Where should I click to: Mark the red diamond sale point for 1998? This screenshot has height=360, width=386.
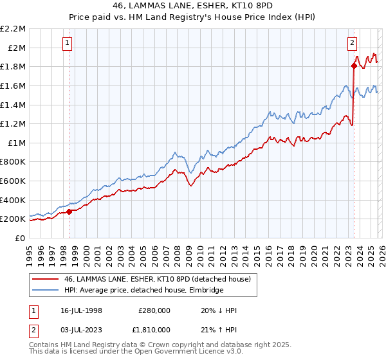click(x=69, y=212)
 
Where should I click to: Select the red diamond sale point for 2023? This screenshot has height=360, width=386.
click(x=354, y=66)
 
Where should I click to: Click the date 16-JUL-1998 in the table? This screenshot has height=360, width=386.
click(x=80, y=310)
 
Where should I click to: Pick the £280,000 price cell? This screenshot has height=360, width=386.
click(x=154, y=310)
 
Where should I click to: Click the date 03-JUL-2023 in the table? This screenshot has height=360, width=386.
click(x=80, y=331)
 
